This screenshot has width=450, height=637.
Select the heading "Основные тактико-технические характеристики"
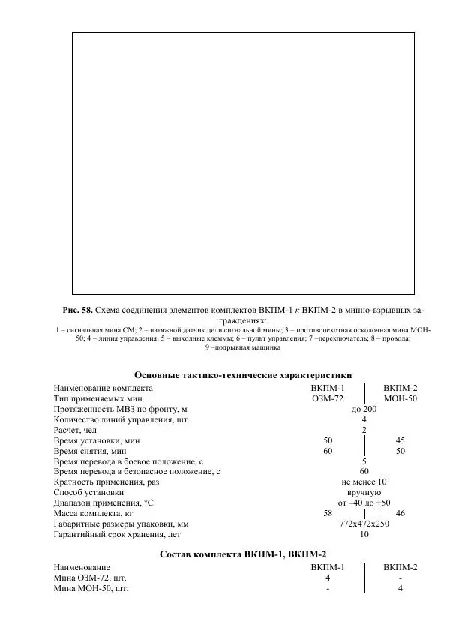pos(243,375)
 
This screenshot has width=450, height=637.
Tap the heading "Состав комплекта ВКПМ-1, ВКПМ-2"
pos(243,554)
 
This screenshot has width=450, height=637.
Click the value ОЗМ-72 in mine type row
pos(328,398)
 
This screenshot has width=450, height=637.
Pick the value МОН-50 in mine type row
pos(400,398)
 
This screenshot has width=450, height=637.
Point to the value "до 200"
pos(364,409)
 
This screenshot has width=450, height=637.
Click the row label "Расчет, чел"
pos(75,430)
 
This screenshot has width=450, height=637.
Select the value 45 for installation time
pos(400,440)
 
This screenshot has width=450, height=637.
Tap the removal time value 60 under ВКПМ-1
pos(328,451)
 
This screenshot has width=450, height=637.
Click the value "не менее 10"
pos(364,482)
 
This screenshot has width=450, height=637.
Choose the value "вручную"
pos(364,493)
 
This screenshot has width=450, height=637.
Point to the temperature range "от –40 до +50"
pos(364,503)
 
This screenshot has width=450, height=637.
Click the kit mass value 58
pos(328,514)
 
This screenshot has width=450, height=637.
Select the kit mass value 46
pos(400,514)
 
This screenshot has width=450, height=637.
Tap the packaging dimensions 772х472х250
pos(364,524)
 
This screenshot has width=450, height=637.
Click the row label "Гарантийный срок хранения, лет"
pos(118,535)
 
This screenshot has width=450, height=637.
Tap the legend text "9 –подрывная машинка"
pos(242,347)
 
